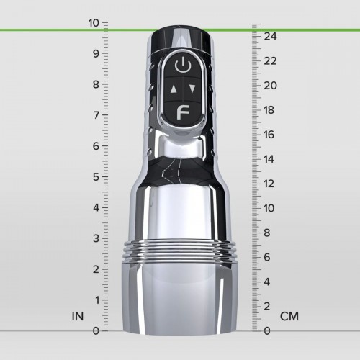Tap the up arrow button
(x=174, y=90)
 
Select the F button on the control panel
(x=184, y=112)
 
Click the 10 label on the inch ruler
(x=94, y=22)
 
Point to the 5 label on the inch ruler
(x=96, y=176)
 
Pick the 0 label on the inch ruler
(x=96, y=330)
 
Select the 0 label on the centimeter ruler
(x=268, y=330)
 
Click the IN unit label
(x=78, y=316)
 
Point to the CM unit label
(x=289, y=316)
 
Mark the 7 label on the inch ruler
(x=96, y=114)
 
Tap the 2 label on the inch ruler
(x=96, y=269)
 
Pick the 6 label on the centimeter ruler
(x=268, y=257)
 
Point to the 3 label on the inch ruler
(x=96, y=238)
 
